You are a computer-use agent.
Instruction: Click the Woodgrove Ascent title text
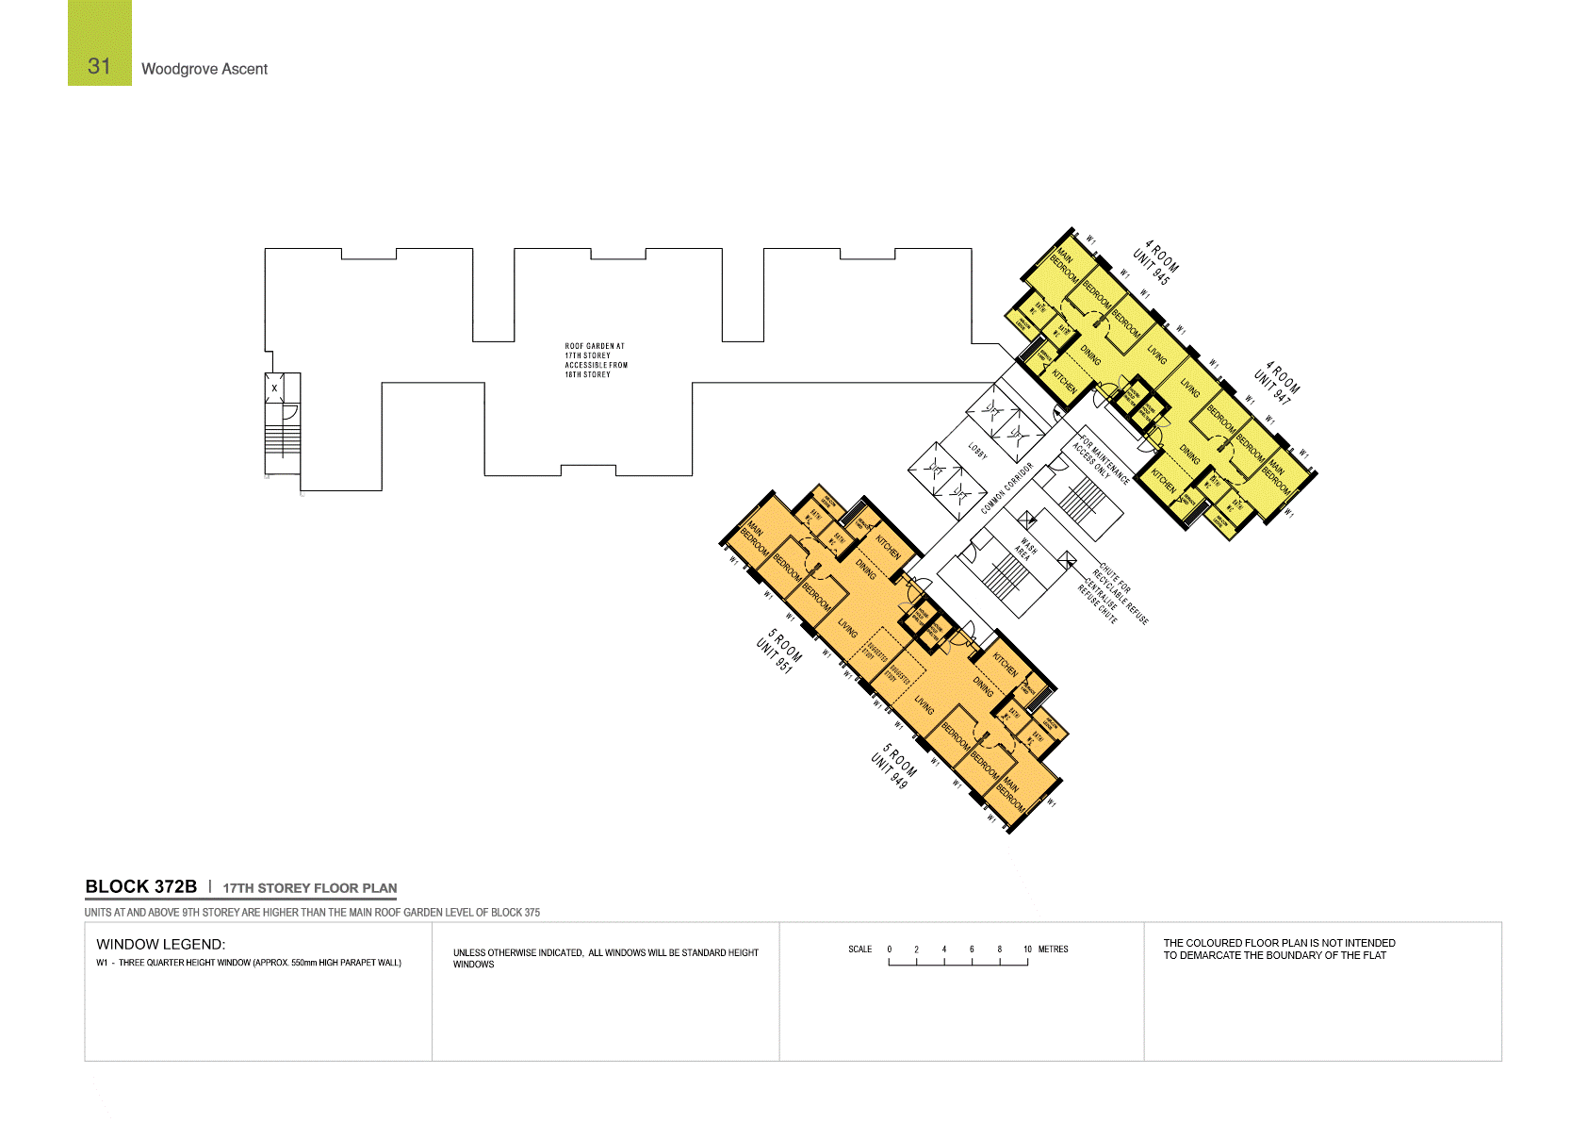click(x=204, y=69)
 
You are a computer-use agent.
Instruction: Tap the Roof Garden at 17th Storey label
click(x=596, y=360)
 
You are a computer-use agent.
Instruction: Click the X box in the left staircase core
click(x=274, y=388)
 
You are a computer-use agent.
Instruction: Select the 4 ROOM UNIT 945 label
click(x=1156, y=262)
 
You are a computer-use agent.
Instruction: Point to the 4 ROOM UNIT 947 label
click(x=1277, y=383)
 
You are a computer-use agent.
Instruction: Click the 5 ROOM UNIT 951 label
click(x=779, y=651)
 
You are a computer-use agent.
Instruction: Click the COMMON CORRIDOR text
click(x=1006, y=488)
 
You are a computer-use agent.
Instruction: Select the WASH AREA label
click(x=1025, y=549)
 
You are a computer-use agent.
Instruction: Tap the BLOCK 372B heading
click(x=140, y=886)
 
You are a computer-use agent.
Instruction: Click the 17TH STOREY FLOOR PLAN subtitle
click(x=309, y=888)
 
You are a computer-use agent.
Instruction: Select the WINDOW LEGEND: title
click(x=160, y=944)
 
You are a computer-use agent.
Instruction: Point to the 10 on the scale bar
click(x=1027, y=950)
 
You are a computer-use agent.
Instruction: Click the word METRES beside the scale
click(x=1053, y=950)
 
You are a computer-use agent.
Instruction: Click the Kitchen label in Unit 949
click(x=1006, y=666)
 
